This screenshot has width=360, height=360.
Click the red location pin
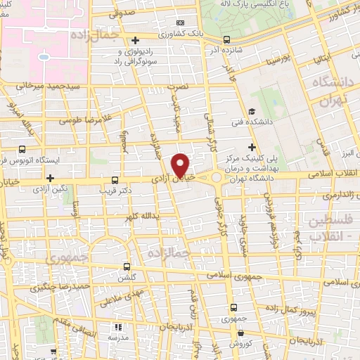coord(181,165)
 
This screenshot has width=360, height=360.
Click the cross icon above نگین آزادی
coord(50,178)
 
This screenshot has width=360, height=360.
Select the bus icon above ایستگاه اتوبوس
coord(22,149)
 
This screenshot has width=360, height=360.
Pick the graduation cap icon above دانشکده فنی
coord(252,110)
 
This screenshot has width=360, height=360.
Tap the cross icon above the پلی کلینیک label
coord(252,146)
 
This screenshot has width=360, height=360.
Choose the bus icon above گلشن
coord(127,266)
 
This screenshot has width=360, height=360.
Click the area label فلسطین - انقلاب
coord(331,229)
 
